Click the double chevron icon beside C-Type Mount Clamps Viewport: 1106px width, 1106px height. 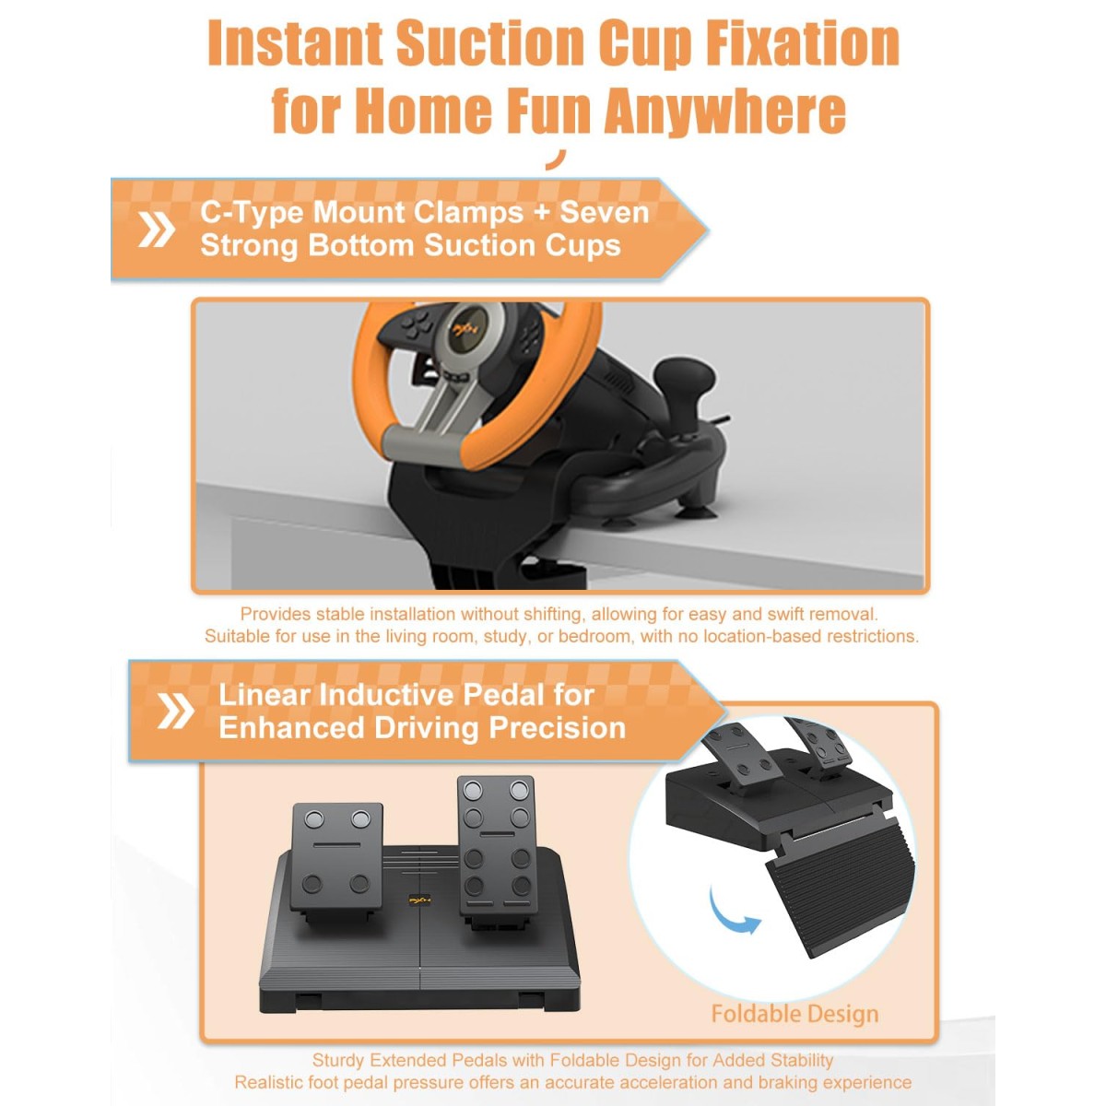point(156,229)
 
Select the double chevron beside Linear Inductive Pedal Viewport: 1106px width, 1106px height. point(176,712)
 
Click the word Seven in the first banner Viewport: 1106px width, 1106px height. point(604,212)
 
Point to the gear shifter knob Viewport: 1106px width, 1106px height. point(686,380)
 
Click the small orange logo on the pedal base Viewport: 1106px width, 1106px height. point(419,900)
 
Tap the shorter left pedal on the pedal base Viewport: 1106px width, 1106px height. point(337,854)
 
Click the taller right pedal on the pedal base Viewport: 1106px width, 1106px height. point(498,843)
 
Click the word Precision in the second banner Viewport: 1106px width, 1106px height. point(558,728)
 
